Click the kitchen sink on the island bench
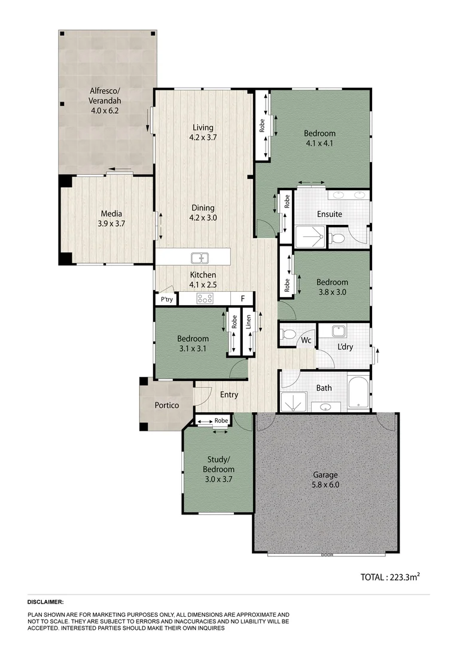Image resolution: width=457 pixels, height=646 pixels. click(199, 258)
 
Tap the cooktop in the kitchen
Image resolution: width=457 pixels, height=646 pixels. click(205, 299)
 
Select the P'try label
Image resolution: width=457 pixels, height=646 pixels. click(166, 300)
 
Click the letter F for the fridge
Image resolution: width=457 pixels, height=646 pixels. click(242, 298)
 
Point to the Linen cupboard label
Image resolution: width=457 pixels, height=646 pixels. click(249, 324)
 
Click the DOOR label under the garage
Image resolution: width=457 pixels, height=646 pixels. click(326, 554)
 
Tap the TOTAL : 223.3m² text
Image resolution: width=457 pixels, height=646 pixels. click(389, 577)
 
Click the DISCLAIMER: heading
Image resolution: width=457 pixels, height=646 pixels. click(45, 602)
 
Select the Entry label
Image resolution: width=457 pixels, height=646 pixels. click(229, 395)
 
